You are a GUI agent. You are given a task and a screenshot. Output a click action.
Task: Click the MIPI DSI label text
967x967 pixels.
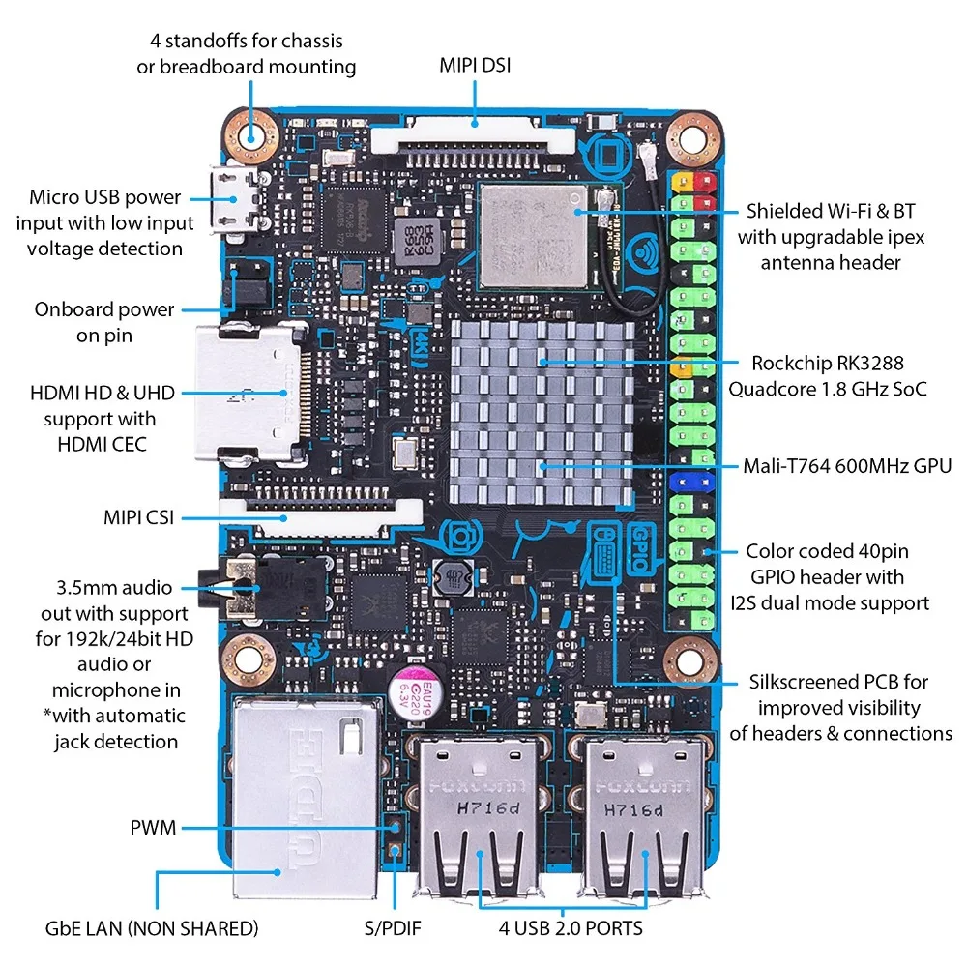click(475, 66)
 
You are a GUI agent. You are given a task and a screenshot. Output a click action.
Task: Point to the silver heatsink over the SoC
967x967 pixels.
click(542, 406)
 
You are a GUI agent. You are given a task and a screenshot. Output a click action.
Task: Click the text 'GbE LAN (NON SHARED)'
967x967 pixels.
click(152, 928)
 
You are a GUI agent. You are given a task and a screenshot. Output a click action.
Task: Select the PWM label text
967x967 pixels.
click(153, 828)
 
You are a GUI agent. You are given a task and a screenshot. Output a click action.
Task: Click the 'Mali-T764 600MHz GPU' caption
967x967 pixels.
click(847, 467)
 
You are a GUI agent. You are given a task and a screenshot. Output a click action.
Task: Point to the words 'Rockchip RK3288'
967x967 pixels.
click(828, 364)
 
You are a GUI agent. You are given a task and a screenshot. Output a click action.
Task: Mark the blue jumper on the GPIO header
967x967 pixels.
click(690, 480)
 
